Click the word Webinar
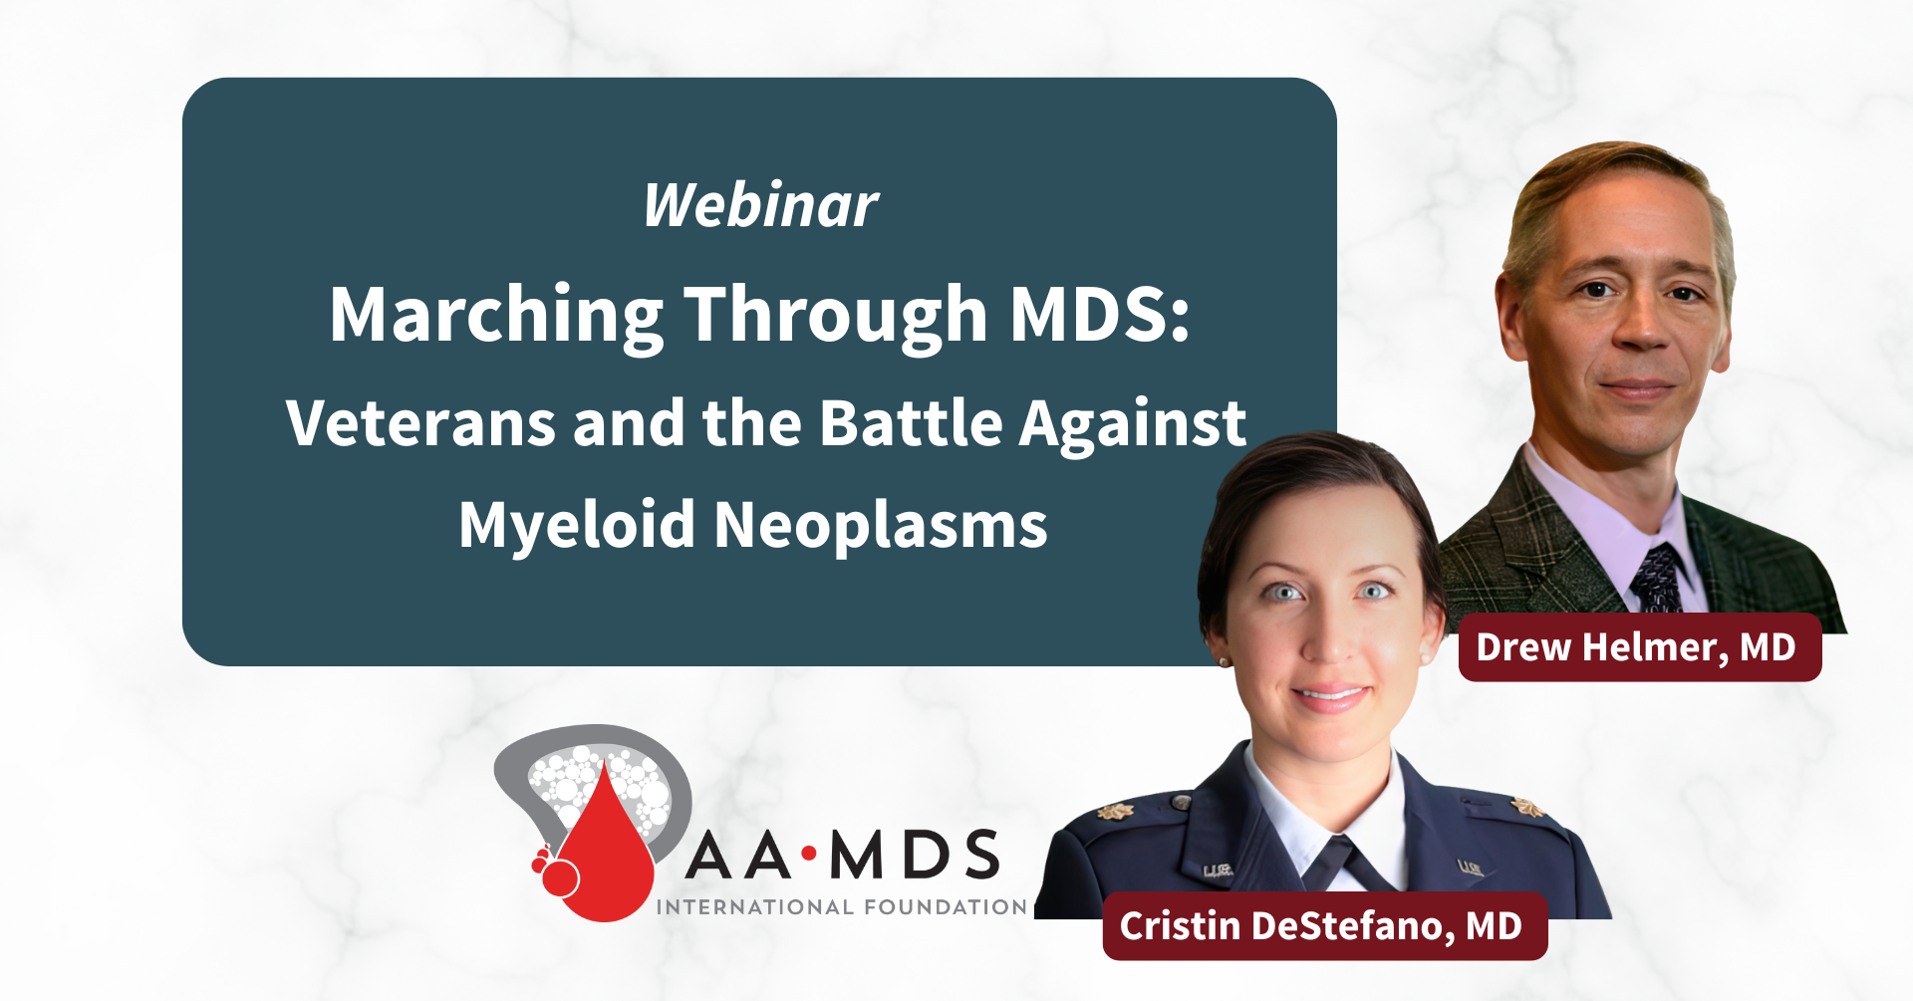760,205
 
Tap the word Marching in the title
496,315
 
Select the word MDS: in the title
1100,315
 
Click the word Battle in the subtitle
911,423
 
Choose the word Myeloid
576,525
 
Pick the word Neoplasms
881,525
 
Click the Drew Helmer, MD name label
1639,647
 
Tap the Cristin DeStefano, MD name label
1323,926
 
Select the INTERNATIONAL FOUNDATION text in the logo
842,907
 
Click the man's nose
1639,324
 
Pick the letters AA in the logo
738,855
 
